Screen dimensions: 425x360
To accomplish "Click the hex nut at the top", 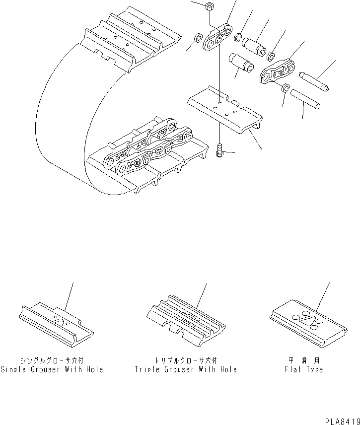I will tap(209, 7).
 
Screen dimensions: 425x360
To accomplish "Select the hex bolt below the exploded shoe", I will tap(219, 149).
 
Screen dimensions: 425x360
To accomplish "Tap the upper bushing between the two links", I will tap(255, 43).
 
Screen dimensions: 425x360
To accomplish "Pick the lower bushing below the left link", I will tap(240, 64).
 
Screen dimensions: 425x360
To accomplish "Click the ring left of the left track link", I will tap(197, 38).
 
